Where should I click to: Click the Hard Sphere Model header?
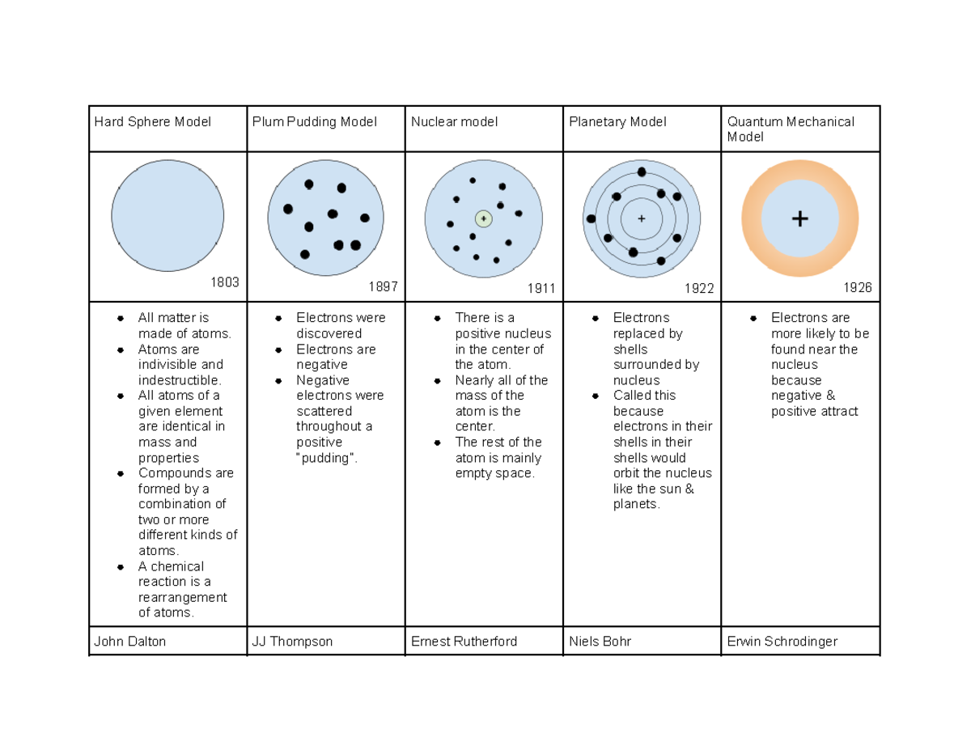pyautogui.click(x=152, y=122)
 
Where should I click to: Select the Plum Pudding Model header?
pyautogui.click(x=313, y=122)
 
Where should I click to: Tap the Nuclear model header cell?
pyautogui.click(x=454, y=122)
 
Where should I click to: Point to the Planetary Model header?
pyautogui.click(x=617, y=122)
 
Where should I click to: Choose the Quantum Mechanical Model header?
pyautogui.click(x=791, y=129)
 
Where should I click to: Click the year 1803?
pyautogui.click(x=225, y=282)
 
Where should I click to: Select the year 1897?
pyautogui.click(x=383, y=287)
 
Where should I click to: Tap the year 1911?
pyautogui.click(x=541, y=288)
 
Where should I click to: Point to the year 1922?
pyautogui.click(x=699, y=288)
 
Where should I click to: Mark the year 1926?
pyautogui.click(x=858, y=288)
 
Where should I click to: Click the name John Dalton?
pyautogui.click(x=129, y=642)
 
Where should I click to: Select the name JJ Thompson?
pyautogui.click(x=292, y=642)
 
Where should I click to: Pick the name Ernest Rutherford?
pyautogui.click(x=464, y=642)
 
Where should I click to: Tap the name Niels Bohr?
pyautogui.click(x=600, y=642)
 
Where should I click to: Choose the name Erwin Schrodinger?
pyautogui.click(x=782, y=642)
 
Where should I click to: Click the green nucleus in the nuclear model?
pyautogui.click(x=483, y=218)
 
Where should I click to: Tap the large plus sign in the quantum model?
pyautogui.click(x=799, y=218)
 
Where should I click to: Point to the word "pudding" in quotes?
pyautogui.click(x=326, y=458)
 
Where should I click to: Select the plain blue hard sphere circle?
pyautogui.click(x=167, y=216)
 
